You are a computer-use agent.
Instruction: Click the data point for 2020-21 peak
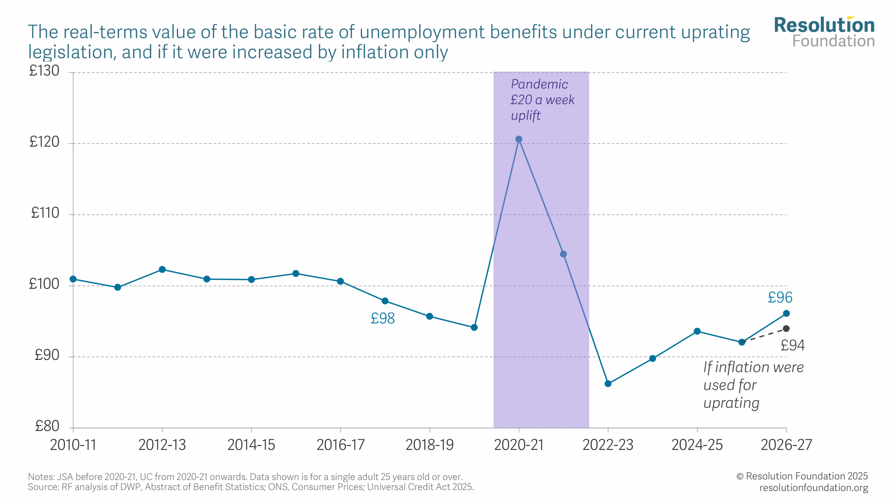point(518,139)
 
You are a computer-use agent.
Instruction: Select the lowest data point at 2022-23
point(608,383)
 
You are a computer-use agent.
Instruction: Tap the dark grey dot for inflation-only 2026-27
point(786,328)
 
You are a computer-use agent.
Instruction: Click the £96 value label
point(780,297)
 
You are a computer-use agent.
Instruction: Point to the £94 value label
point(792,345)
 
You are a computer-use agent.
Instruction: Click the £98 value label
point(383,318)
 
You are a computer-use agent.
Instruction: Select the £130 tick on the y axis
point(44,71)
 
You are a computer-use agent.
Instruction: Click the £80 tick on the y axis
point(47,426)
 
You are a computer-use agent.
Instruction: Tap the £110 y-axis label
point(45,213)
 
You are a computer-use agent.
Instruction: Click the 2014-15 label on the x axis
point(251,445)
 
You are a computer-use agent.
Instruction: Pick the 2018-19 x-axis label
point(430,445)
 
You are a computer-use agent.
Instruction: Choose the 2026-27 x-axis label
point(786,445)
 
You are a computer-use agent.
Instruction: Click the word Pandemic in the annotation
point(539,84)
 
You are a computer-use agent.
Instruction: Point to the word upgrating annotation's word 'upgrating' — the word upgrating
point(731,403)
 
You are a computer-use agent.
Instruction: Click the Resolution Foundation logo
point(824,32)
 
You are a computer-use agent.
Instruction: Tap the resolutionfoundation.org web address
point(814,487)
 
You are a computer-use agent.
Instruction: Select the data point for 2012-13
point(162,269)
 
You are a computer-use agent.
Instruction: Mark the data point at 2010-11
point(73,279)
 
